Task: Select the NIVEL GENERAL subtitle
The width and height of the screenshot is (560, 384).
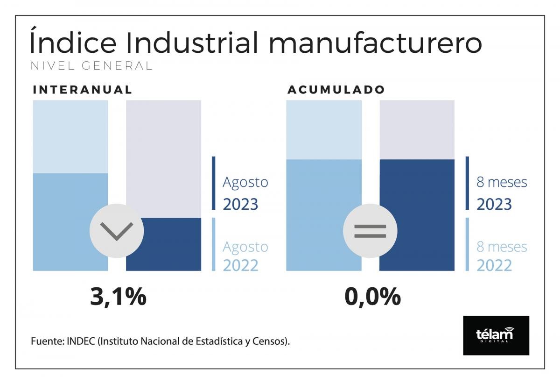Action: pyautogui.click(x=91, y=66)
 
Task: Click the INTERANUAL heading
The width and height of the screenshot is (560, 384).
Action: pyautogui.click(x=83, y=90)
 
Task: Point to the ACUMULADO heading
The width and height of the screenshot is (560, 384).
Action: pyautogui.click(x=336, y=90)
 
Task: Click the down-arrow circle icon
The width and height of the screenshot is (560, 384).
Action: pyautogui.click(x=117, y=230)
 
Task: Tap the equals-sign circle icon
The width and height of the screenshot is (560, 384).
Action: pyautogui.click(x=370, y=230)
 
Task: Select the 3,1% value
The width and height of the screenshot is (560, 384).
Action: pyautogui.click(x=118, y=297)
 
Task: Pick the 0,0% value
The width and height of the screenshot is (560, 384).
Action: pyautogui.click(x=372, y=297)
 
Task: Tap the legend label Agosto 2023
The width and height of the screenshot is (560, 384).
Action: pyautogui.click(x=245, y=193)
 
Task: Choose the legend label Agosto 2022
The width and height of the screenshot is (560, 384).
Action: pyautogui.click(x=245, y=256)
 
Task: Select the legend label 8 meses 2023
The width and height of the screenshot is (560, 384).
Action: pyautogui.click(x=501, y=193)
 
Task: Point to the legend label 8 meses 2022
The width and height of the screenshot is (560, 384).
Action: pyautogui.click(x=501, y=256)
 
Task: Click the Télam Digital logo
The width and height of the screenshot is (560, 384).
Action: pyautogui.click(x=496, y=335)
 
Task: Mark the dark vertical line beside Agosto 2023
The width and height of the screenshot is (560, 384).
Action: pyautogui.click(x=213, y=183)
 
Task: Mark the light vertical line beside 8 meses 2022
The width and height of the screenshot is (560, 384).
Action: pyautogui.click(x=467, y=244)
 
